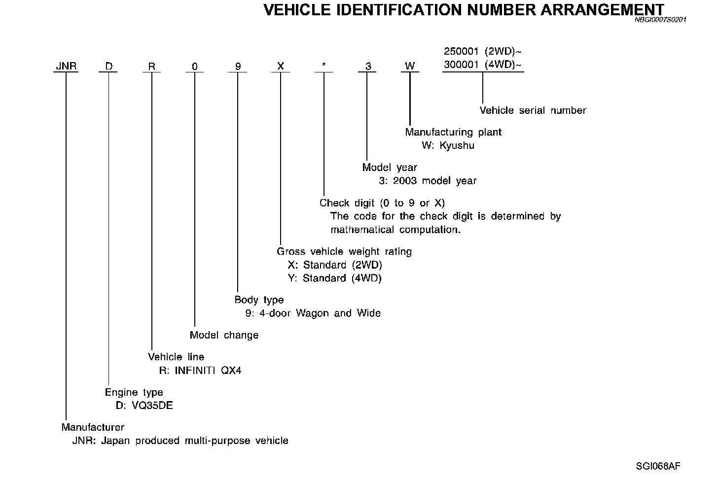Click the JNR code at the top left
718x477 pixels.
[66, 67]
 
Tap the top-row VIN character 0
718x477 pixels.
[195, 67]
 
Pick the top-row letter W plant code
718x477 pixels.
[409, 67]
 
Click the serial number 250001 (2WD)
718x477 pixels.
[483, 51]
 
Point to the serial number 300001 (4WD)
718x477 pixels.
[483, 65]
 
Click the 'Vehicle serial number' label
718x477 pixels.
[533, 110]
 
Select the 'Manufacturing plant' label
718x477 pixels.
[453, 132]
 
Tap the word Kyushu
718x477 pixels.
[457, 146]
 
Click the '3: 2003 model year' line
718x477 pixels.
[428, 181]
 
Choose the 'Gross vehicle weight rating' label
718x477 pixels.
[344, 251]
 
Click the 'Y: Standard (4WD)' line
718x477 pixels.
[334, 278]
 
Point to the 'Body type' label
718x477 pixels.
[259, 300]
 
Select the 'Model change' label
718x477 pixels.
[224, 335]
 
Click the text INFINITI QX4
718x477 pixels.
[208, 371]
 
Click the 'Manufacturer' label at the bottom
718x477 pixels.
[93, 427]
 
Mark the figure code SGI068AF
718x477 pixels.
[658, 466]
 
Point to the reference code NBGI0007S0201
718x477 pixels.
[660, 20]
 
